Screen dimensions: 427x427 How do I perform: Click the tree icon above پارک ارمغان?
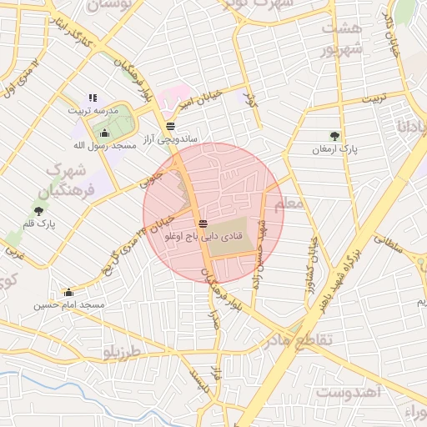click(x=334, y=135)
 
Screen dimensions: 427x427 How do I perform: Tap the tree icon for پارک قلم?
click(x=39, y=211)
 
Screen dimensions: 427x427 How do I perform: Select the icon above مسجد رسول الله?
click(x=104, y=133)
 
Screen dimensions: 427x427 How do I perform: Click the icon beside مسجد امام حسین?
click(x=68, y=293)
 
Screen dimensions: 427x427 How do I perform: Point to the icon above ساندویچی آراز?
click(x=170, y=126)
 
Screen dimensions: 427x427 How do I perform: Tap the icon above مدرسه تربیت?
click(x=93, y=98)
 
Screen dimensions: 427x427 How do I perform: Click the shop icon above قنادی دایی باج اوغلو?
click(x=203, y=224)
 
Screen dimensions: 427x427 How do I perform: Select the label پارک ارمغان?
click(x=334, y=148)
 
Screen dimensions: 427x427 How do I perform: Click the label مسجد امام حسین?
click(x=69, y=305)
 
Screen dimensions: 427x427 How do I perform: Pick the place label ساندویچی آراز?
click(x=169, y=138)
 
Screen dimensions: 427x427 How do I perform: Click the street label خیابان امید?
click(x=201, y=98)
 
